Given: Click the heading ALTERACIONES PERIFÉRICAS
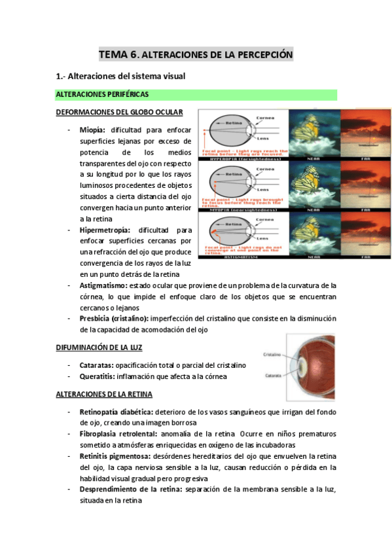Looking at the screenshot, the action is pyautogui.click(x=102, y=95).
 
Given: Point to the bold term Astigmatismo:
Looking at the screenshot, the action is pyautogui.click(x=103, y=285).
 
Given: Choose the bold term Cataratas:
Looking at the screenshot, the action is pyautogui.click(x=97, y=364).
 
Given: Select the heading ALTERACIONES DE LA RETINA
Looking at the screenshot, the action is pyautogui.click(x=104, y=395).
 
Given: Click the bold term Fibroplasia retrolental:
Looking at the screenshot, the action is pyautogui.click(x=119, y=434).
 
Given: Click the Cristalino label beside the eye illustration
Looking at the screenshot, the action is pyautogui.click(x=274, y=352).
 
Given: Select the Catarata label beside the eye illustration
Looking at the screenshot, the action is pyautogui.click(x=274, y=376).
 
